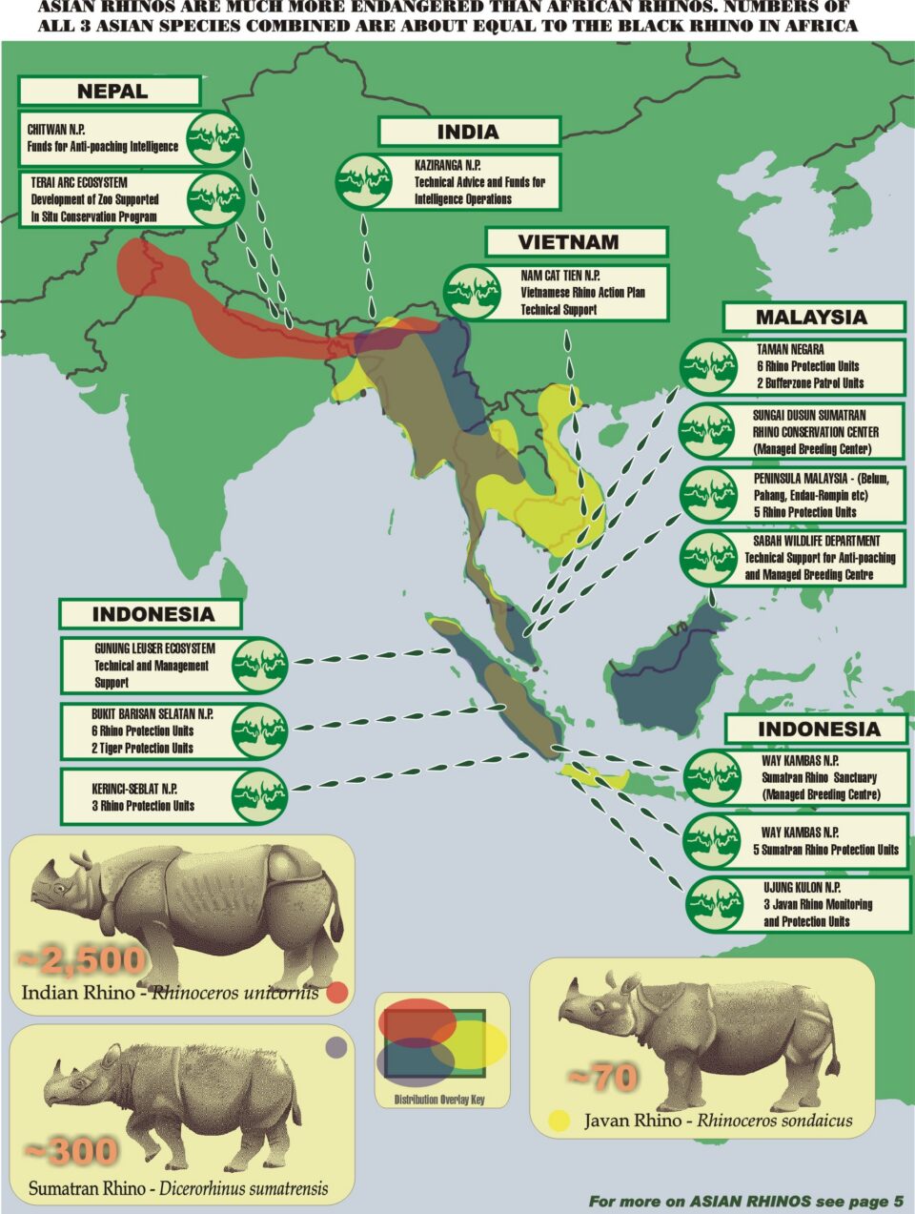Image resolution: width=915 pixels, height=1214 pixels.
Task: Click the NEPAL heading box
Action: (112, 92)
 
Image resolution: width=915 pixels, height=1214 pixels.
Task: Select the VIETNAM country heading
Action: (568, 242)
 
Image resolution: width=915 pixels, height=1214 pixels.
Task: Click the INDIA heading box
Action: (467, 132)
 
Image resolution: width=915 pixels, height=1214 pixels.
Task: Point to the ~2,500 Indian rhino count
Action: (82, 958)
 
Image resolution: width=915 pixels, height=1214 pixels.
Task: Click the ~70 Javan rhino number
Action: (602, 1078)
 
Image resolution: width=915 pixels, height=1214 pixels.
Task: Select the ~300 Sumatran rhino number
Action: (71, 1151)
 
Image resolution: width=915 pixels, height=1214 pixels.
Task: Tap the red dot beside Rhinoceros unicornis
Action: (335, 993)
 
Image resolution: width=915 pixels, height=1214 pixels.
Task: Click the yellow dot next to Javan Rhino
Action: (559, 1121)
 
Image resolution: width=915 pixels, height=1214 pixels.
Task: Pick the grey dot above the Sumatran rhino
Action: (335, 1047)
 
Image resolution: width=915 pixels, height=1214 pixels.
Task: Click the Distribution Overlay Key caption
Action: (439, 1100)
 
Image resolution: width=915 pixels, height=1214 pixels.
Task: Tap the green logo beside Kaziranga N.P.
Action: (363, 181)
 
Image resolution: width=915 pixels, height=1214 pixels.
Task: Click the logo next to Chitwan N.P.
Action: (215, 139)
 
